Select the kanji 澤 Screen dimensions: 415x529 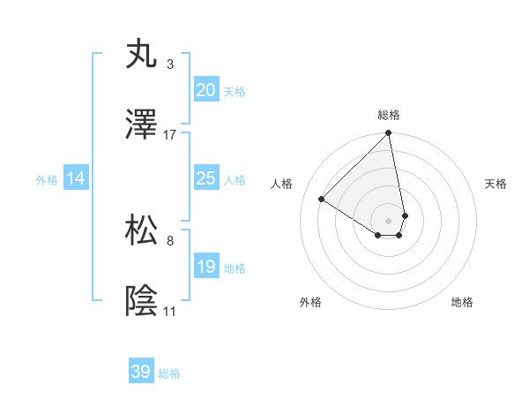[142, 125]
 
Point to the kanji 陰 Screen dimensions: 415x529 [142, 302]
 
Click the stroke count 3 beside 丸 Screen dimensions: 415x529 [170, 64]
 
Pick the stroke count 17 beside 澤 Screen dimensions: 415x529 [170, 135]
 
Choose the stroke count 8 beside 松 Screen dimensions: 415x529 [170, 240]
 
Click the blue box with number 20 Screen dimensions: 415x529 [205, 89]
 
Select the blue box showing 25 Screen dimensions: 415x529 [205, 178]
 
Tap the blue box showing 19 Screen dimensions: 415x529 [205, 267]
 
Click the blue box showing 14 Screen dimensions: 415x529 [76, 178]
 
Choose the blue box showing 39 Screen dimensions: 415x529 [141, 372]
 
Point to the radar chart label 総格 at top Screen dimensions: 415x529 [389, 115]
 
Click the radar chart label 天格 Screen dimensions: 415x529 [496, 184]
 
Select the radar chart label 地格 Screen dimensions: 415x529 [462, 303]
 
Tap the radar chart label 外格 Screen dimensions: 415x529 [310, 303]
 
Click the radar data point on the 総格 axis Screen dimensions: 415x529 [389, 134]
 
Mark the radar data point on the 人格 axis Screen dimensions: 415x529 [322, 200]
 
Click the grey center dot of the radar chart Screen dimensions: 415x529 [389, 220]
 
